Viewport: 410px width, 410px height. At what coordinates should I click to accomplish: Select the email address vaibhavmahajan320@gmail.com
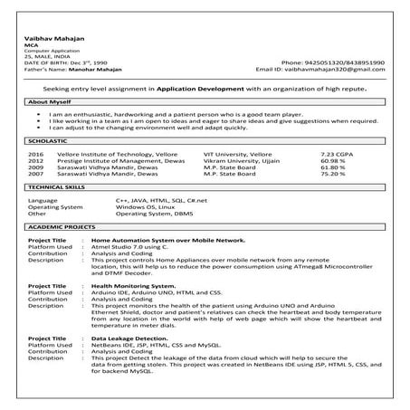[x=339, y=68]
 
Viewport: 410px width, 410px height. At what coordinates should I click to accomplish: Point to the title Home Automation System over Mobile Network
[x=167, y=240]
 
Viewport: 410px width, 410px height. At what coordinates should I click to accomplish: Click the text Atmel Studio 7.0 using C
[x=129, y=247]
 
